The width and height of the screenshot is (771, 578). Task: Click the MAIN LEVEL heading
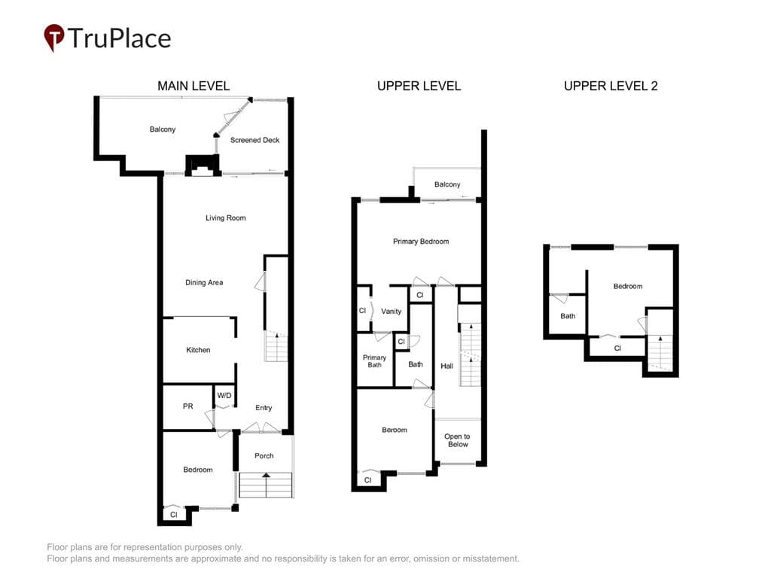point(194,86)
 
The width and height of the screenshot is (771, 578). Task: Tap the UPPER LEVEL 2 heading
point(611,86)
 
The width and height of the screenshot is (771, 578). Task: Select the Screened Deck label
point(254,140)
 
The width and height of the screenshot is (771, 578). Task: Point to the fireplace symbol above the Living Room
point(202,166)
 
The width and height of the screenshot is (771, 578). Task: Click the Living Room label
point(226,218)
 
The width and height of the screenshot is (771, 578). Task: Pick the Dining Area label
point(204,283)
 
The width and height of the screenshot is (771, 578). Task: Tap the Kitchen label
point(198,350)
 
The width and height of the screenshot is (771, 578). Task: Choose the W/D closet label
point(224,395)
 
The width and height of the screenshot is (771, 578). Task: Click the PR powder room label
point(187,406)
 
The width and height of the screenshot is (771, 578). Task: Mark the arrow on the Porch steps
point(266,485)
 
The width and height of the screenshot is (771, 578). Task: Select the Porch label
point(264,455)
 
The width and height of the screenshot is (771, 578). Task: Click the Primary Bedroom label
point(421,242)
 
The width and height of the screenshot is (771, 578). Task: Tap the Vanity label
point(392,311)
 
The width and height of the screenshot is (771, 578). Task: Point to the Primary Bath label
point(375,360)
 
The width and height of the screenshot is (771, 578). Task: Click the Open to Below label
point(457,440)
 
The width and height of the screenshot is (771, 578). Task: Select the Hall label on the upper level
point(447,366)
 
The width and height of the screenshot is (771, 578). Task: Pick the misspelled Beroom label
point(395,430)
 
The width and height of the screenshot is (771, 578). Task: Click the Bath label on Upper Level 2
point(568,316)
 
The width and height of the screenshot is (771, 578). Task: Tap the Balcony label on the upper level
point(447,184)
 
